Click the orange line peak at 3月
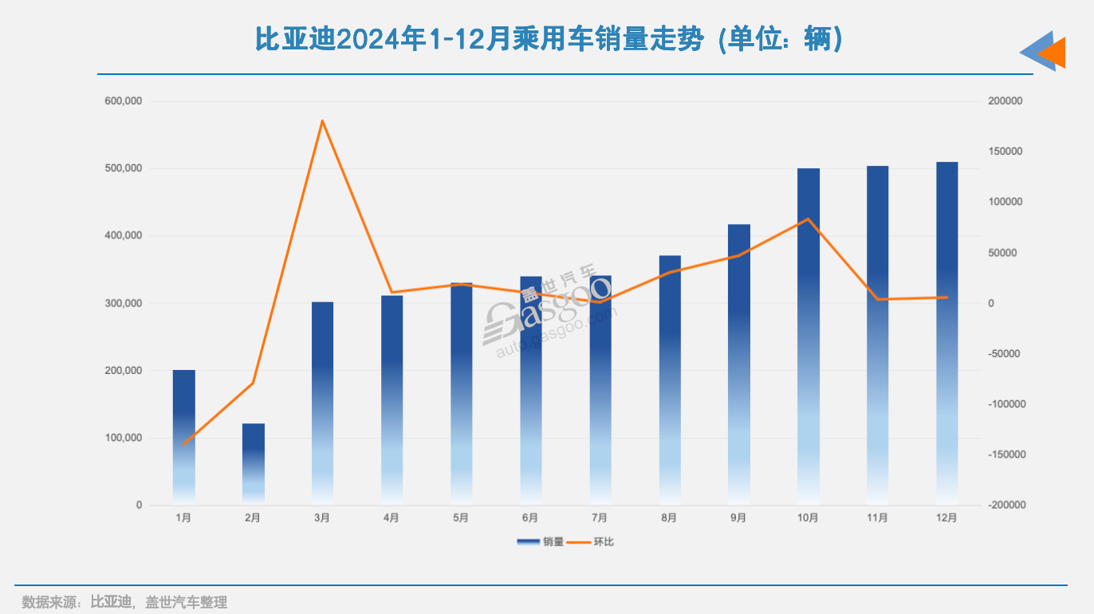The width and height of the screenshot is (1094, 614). pyautogui.click(x=322, y=121)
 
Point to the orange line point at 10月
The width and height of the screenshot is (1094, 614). pyautogui.click(x=809, y=219)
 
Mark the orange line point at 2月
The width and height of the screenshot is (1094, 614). pyautogui.click(x=254, y=384)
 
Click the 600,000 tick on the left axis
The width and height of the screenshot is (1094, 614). pyautogui.click(x=123, y=101)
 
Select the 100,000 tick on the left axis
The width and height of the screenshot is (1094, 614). pyautogui.click(x=123, y=438)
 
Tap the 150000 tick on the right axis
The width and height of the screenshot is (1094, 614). pyautogui.click(x=1005, y=152)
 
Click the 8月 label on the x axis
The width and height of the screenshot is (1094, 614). pyautogui.click(x=669, y=518)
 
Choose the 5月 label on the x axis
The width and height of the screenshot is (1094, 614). pyautogui.click(x=461, y=518)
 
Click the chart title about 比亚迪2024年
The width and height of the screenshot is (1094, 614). pyautogui.click(x=549, y=39)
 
